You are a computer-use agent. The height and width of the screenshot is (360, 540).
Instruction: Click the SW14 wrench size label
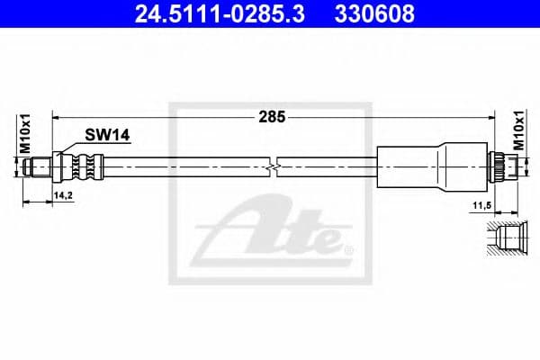(108, 135)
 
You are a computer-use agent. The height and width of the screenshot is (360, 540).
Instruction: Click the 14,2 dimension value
(63, 193)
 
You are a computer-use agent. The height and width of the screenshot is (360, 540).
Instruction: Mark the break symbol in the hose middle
(274, 166)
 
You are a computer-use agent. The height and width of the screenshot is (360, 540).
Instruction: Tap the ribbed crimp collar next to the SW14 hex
(88, 166)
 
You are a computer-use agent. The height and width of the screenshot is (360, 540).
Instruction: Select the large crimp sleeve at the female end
(423, 166)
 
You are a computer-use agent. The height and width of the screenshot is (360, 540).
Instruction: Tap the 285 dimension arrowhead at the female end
(493, 116)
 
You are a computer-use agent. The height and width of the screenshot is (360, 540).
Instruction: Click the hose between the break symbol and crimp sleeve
(328, 166)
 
